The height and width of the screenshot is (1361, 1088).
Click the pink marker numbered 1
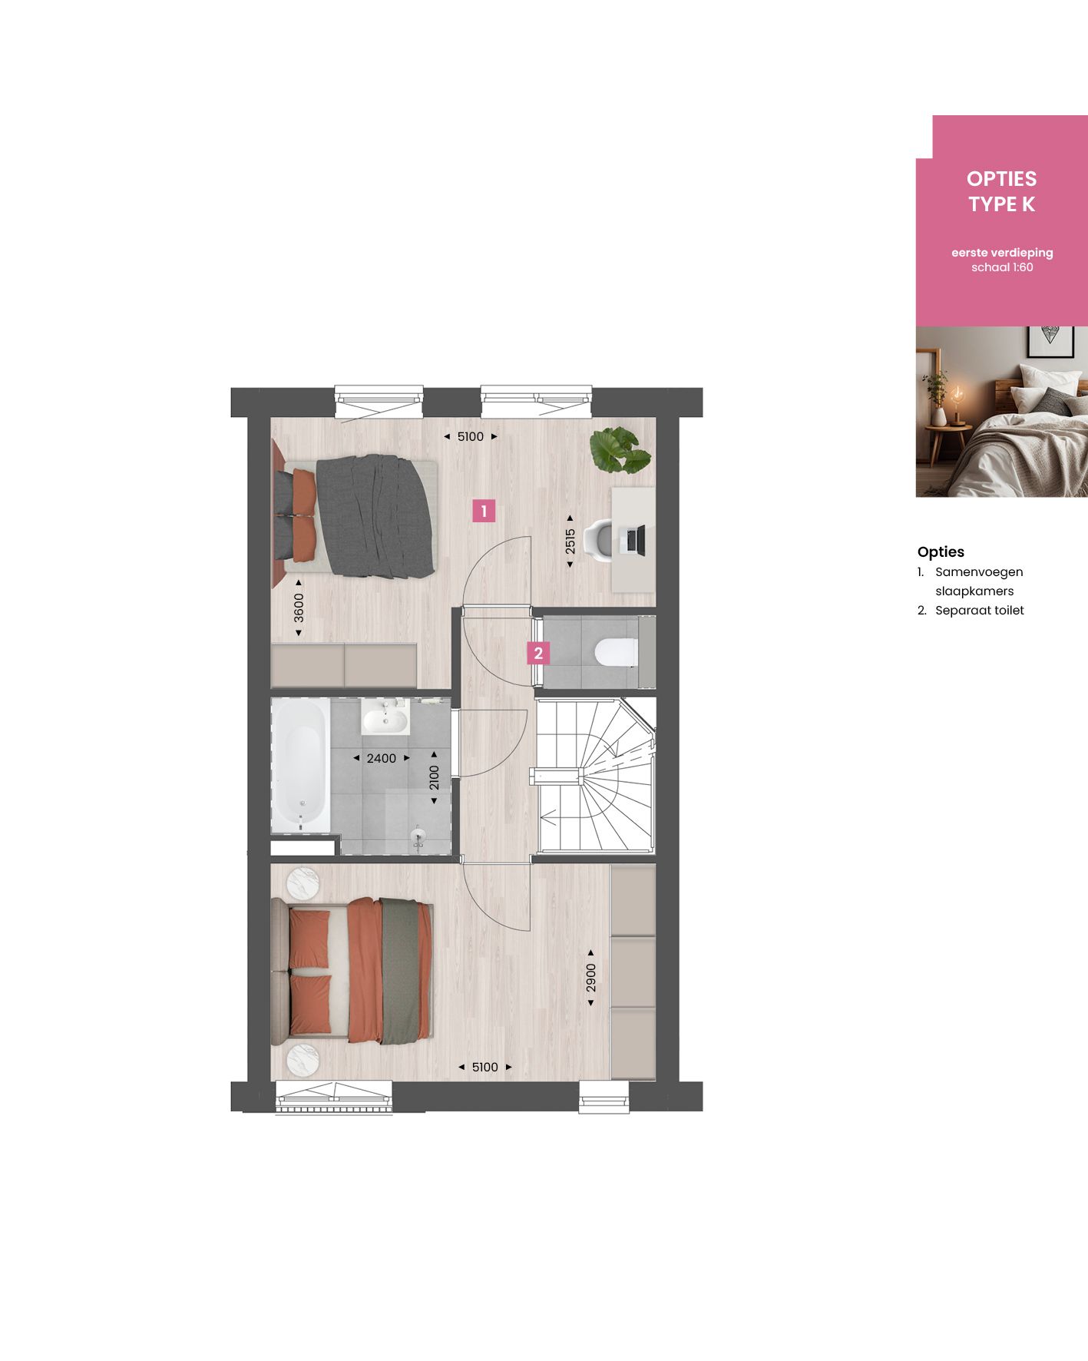tap(484, 511)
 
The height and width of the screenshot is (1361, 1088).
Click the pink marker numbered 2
tap(537, 653)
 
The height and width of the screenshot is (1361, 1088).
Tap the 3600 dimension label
tap(299, 608)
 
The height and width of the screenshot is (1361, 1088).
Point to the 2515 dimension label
tap(570, 541)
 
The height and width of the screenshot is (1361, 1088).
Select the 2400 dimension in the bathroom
tap(382, 758)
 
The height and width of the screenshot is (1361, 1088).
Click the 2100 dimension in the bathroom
tap(434, 777)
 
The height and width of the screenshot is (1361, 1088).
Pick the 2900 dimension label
tap(590, 978)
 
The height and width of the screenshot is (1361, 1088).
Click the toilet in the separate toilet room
tap(616, 652)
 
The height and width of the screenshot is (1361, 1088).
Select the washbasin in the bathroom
tap(385, 720)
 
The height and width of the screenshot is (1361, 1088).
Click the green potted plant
tap(619, 450)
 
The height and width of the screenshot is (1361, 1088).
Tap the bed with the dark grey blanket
tap(361, 516)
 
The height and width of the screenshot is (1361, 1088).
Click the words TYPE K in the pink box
tap(1001, 204)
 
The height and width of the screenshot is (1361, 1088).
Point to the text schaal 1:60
tap(1002, 267)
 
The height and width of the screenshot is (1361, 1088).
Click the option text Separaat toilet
tap(979, 611)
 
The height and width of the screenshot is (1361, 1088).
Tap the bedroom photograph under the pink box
tap(1001, 412)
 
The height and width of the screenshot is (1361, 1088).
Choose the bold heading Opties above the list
tap(941, 551)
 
